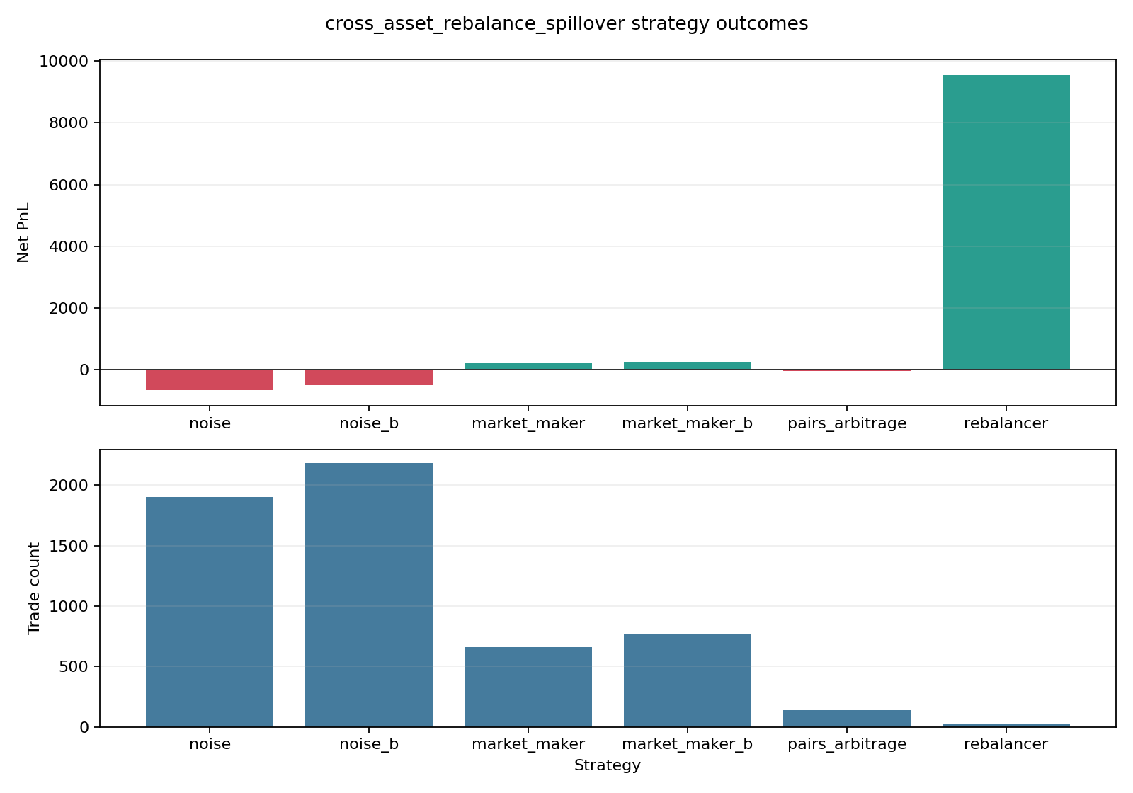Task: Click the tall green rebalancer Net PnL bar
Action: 1006,222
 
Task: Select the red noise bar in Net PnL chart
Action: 210,380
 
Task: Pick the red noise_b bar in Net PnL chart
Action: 369,377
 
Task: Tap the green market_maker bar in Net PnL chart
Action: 528,366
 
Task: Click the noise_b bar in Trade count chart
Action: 369,595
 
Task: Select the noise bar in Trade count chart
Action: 210,612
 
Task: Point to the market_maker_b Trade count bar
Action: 688,680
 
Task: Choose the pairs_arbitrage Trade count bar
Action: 847,718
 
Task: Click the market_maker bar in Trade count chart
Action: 528,687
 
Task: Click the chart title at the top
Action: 566,24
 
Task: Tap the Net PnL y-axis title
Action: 24,232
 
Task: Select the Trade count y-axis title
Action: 34,588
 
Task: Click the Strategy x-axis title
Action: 608,765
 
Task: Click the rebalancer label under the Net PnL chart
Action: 1006,424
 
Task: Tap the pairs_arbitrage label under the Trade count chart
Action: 847,744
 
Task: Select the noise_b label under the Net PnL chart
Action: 369,424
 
